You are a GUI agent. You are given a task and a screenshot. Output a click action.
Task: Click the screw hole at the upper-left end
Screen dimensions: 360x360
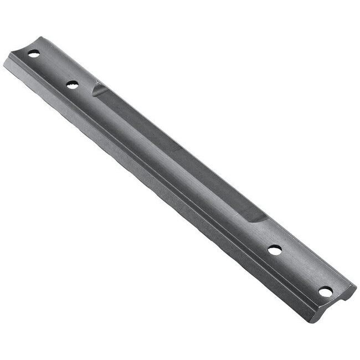[x=34, y=54]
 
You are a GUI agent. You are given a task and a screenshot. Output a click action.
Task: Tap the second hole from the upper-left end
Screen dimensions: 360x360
[x=72, y=85]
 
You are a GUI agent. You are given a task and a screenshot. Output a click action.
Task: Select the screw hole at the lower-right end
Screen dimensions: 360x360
[x=326, y=291]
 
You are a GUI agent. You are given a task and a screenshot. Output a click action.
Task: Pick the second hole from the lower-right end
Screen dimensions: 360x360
[x=274, y=250]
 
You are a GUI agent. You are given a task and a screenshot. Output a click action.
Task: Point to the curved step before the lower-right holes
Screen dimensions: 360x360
[x=258, y=217]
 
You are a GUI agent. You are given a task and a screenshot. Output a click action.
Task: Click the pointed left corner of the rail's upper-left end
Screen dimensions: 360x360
[x=4, y=62]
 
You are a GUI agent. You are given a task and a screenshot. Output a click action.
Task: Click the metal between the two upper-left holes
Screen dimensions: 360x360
[x=53, y=70]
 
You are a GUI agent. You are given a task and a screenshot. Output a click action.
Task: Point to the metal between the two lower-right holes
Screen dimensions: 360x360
[x=300, y=270]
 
